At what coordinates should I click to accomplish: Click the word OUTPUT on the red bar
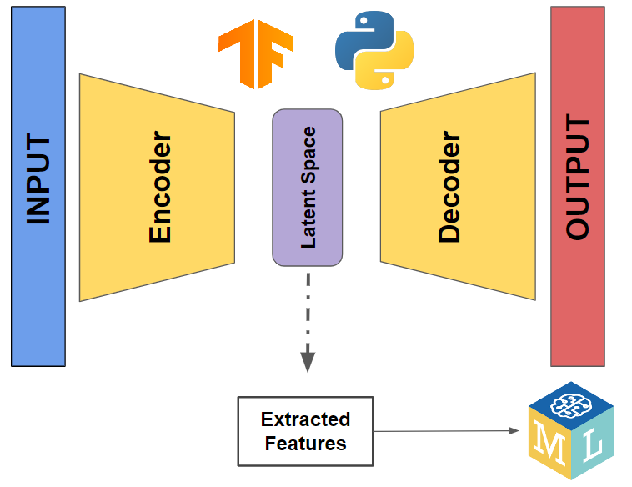pyautogui.click(x=577, y=178)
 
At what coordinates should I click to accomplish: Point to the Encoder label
pyautogui.click(x=160, y=188)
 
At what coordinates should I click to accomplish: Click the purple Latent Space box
pyautogui.click(x=307, y=187)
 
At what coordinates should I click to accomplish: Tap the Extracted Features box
pyautogui.click(x=305, y=431)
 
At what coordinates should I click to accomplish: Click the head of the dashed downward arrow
pyautogui.click(x=308, y=362)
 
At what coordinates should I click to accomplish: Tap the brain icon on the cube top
pyautogui.click(x=571, y=399)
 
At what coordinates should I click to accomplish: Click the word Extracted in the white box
pyautogui.click(x=305, y=419)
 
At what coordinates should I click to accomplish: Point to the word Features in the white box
pyautogui.click(x=305, y=443)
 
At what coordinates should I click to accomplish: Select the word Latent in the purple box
pyautogui.click(x=308, y=221)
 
